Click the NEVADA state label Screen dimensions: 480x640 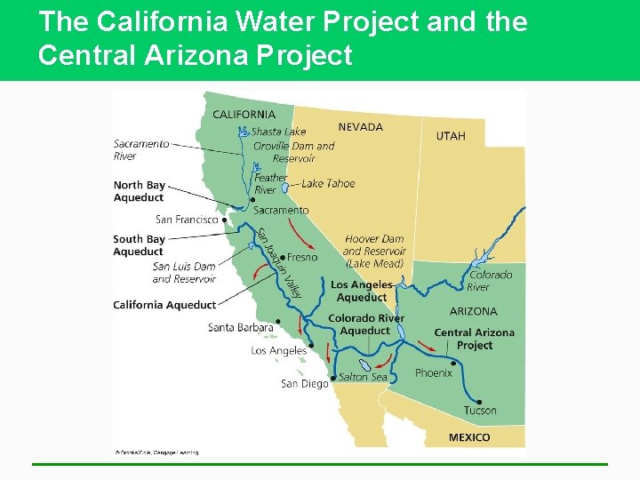pos(360,127)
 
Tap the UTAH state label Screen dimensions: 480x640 pos(450,136)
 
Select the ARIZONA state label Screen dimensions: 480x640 pos(473,311)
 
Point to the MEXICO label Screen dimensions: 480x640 pos(468,437)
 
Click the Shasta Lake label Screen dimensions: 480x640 pos(278,132)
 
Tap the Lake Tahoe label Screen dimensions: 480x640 pos(328,183)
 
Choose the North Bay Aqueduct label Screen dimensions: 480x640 pos(140,191)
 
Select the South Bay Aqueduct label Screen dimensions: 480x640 pos(139,245)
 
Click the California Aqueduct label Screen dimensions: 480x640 pos(164,305)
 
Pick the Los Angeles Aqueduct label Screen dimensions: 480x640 pos(361,291)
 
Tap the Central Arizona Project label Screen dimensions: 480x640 pos(474,339)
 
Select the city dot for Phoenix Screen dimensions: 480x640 pos(455,363)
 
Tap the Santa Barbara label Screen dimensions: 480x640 pos(240,327)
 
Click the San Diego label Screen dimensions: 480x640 pos(304,383)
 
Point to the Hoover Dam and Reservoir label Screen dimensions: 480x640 pos(373,251)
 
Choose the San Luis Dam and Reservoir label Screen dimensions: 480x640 pos(184,272)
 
